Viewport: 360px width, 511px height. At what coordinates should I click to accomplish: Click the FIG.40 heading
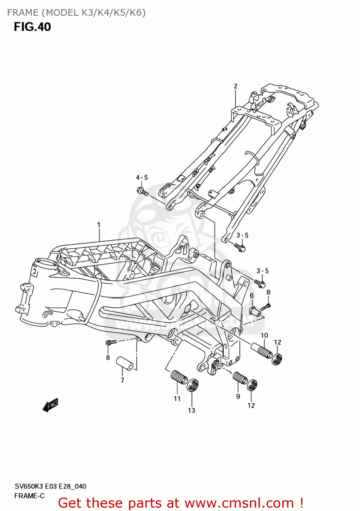click(32, 27)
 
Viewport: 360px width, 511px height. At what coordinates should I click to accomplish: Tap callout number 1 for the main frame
click(99, 225)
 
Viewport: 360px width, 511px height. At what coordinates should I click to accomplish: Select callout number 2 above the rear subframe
click(235, 86)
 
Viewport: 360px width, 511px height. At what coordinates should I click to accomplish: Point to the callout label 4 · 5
click(142, 177)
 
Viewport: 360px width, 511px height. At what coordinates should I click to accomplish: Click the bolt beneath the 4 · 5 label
click(143, 191)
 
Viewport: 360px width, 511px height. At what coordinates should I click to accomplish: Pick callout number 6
click(252, 295)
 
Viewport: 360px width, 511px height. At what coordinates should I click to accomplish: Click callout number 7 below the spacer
click(122, 380)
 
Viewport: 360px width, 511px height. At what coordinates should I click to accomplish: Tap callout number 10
click(264, 336)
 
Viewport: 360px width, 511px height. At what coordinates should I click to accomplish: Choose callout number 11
click(177, 399)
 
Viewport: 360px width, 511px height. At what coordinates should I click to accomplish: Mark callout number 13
click(192, 411)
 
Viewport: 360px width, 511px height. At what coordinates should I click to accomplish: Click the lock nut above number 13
click(193, 385)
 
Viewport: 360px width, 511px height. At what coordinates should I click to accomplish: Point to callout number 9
click(238, 396)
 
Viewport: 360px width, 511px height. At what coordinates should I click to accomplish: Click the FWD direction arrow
click(50, 405)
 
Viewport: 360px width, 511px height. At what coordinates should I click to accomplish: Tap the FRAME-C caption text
click(29, 496)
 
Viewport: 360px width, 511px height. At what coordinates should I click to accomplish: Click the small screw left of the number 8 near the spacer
click(111, 342)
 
